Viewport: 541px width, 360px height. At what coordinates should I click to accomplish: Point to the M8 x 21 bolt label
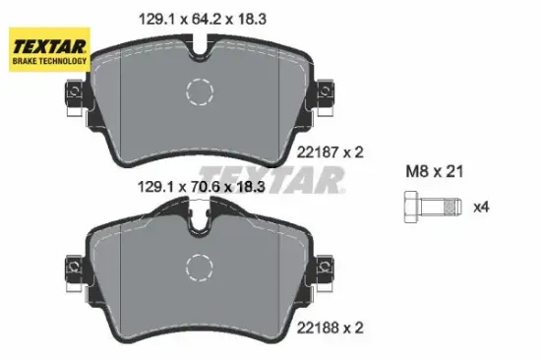click(x=434, y=170)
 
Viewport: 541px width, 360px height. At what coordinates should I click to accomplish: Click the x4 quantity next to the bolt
click(x=482, y=208)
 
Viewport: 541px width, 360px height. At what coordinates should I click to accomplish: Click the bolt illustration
click(x=431, y=208)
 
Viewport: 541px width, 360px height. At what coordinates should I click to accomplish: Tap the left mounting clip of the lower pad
click(x=72, y=267)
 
